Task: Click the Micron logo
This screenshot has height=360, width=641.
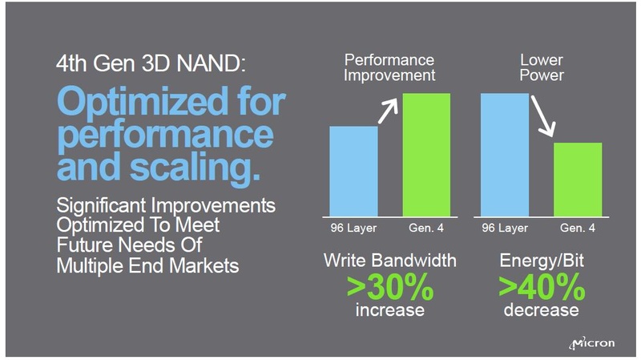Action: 592,342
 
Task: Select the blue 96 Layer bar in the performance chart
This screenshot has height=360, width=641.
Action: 353,171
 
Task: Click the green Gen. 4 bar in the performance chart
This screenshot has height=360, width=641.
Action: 426,155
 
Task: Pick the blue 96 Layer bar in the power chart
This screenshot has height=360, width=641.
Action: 505,155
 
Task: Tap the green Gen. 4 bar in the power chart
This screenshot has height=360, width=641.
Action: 578,179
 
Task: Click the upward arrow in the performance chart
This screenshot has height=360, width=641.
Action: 389,109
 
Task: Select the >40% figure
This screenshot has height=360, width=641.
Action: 542,286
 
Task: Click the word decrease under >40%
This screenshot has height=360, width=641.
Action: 542,309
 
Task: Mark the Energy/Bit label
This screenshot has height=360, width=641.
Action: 542,261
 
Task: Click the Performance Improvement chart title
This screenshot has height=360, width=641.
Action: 390,67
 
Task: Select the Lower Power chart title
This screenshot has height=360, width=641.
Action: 542,67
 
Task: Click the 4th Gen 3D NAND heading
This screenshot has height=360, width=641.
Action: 147,64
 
